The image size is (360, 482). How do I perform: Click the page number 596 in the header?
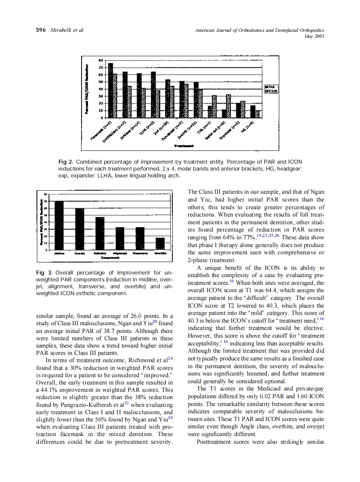tap(41, 30)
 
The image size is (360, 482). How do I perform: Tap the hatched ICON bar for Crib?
tap(214, 107)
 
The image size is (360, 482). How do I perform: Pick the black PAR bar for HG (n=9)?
tap(253, 111)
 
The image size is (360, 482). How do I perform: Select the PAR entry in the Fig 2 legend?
tap(272, 87)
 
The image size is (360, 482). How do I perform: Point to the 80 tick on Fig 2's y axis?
tap(101, 60)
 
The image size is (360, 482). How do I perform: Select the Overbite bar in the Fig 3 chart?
tap(160, 243)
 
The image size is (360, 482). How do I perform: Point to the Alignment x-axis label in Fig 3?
tap(120, 254)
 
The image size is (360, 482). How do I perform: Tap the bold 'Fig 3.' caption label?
tap(43, 273)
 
